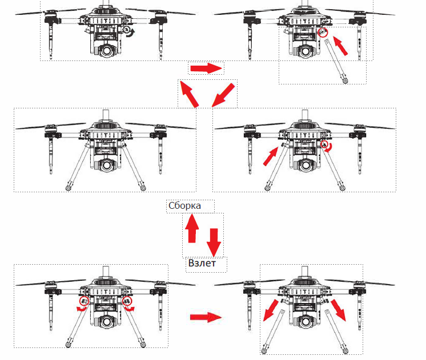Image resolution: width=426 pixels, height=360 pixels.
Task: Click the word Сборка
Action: tap(184, 206)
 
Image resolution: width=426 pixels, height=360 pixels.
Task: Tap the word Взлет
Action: tap(202, 263)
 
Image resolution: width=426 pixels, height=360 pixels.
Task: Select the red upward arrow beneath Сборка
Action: tap(192, 228)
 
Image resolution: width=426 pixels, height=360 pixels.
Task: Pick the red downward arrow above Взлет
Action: tap(214, 242)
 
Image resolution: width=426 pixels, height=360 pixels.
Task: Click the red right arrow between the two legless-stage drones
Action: tap(206, 68)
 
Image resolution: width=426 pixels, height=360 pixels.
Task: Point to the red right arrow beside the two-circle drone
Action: tap(206, 317)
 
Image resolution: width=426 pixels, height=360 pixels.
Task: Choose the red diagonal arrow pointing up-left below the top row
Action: tap(190, 94)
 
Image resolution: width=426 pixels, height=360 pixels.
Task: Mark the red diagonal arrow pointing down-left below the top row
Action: tap(223, 95)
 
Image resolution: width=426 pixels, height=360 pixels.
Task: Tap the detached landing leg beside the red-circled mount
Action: tap(336, 61)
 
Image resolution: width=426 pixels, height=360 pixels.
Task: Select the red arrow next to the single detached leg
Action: tap(340, 46)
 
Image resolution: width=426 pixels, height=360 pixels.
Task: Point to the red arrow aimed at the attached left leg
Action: tap(271, 156)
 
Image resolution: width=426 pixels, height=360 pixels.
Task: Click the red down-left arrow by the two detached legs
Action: tap(271, 310)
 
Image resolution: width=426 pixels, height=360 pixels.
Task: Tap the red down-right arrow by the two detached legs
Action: tap(339, 310)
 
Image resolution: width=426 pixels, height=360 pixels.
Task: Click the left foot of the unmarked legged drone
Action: tap(68, 188)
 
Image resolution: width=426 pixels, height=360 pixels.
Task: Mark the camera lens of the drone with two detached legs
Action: tap(304, 322)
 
